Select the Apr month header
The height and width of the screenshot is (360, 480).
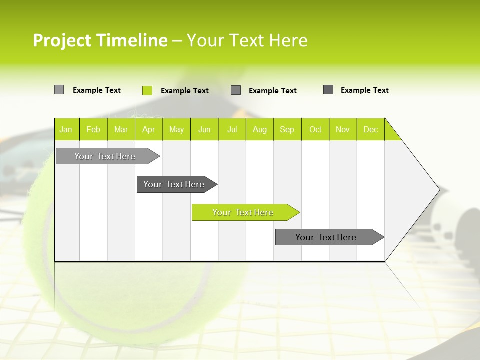tap(149, 129)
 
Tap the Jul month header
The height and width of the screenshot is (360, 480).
tap(232, 129)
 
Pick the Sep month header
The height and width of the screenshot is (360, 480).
tap(287, 129)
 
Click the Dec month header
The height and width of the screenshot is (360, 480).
tap(370, 129)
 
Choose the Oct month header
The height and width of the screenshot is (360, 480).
tap(315, 129)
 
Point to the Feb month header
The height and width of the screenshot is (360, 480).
tap(93, 129)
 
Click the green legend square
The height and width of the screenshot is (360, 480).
tap(147, 90)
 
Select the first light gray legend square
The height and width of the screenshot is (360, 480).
tap(59, 90)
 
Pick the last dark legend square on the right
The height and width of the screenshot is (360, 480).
tap(328, 90)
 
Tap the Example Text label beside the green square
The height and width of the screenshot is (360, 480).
tap(184, 91)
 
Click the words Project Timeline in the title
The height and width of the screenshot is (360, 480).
tap(100, 40)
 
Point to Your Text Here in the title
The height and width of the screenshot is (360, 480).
tap(247, 40)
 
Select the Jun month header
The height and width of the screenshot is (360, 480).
tap(204, 129)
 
